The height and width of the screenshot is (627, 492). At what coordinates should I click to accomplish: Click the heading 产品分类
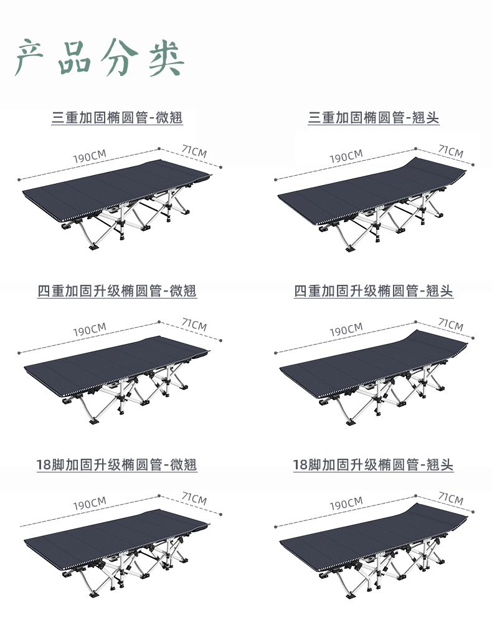pyautogui.click(x=100, y=58)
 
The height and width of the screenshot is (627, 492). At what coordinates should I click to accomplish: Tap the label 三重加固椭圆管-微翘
pyautogui.click(x=117, y=117)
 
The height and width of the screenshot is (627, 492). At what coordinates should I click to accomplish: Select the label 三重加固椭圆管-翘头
pyautogui.click(x=374, y=117)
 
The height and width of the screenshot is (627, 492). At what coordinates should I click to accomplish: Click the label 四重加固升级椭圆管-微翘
pyautogui.click(x=117, y=290)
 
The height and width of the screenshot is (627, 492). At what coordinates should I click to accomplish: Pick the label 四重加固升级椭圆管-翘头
pyautogui.click(x=374, y=290)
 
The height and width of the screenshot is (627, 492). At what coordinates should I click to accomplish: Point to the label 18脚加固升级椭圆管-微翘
pyautogui.click(x=117, y=464)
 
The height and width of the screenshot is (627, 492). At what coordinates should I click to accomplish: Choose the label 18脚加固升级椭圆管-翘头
pyautogui.click(x=374, y=464)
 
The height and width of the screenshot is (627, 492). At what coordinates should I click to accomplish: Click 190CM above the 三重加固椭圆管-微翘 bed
pyautogui.click(x=90, y=156)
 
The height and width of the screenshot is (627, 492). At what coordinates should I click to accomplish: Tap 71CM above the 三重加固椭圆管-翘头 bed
pyautogui.click(x=450, y=151)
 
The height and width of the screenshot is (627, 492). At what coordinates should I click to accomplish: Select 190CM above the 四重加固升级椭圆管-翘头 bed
pyautogui.click(x=346, y=330)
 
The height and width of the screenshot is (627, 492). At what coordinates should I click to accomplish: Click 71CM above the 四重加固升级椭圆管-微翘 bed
pyautogui.click(x=194, y=325)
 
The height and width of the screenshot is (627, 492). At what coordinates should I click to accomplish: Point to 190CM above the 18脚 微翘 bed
pyautogui.click(x=90, y=503)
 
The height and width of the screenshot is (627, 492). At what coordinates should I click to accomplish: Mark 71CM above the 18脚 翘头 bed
pyautogui.click(x=450, y=499)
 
